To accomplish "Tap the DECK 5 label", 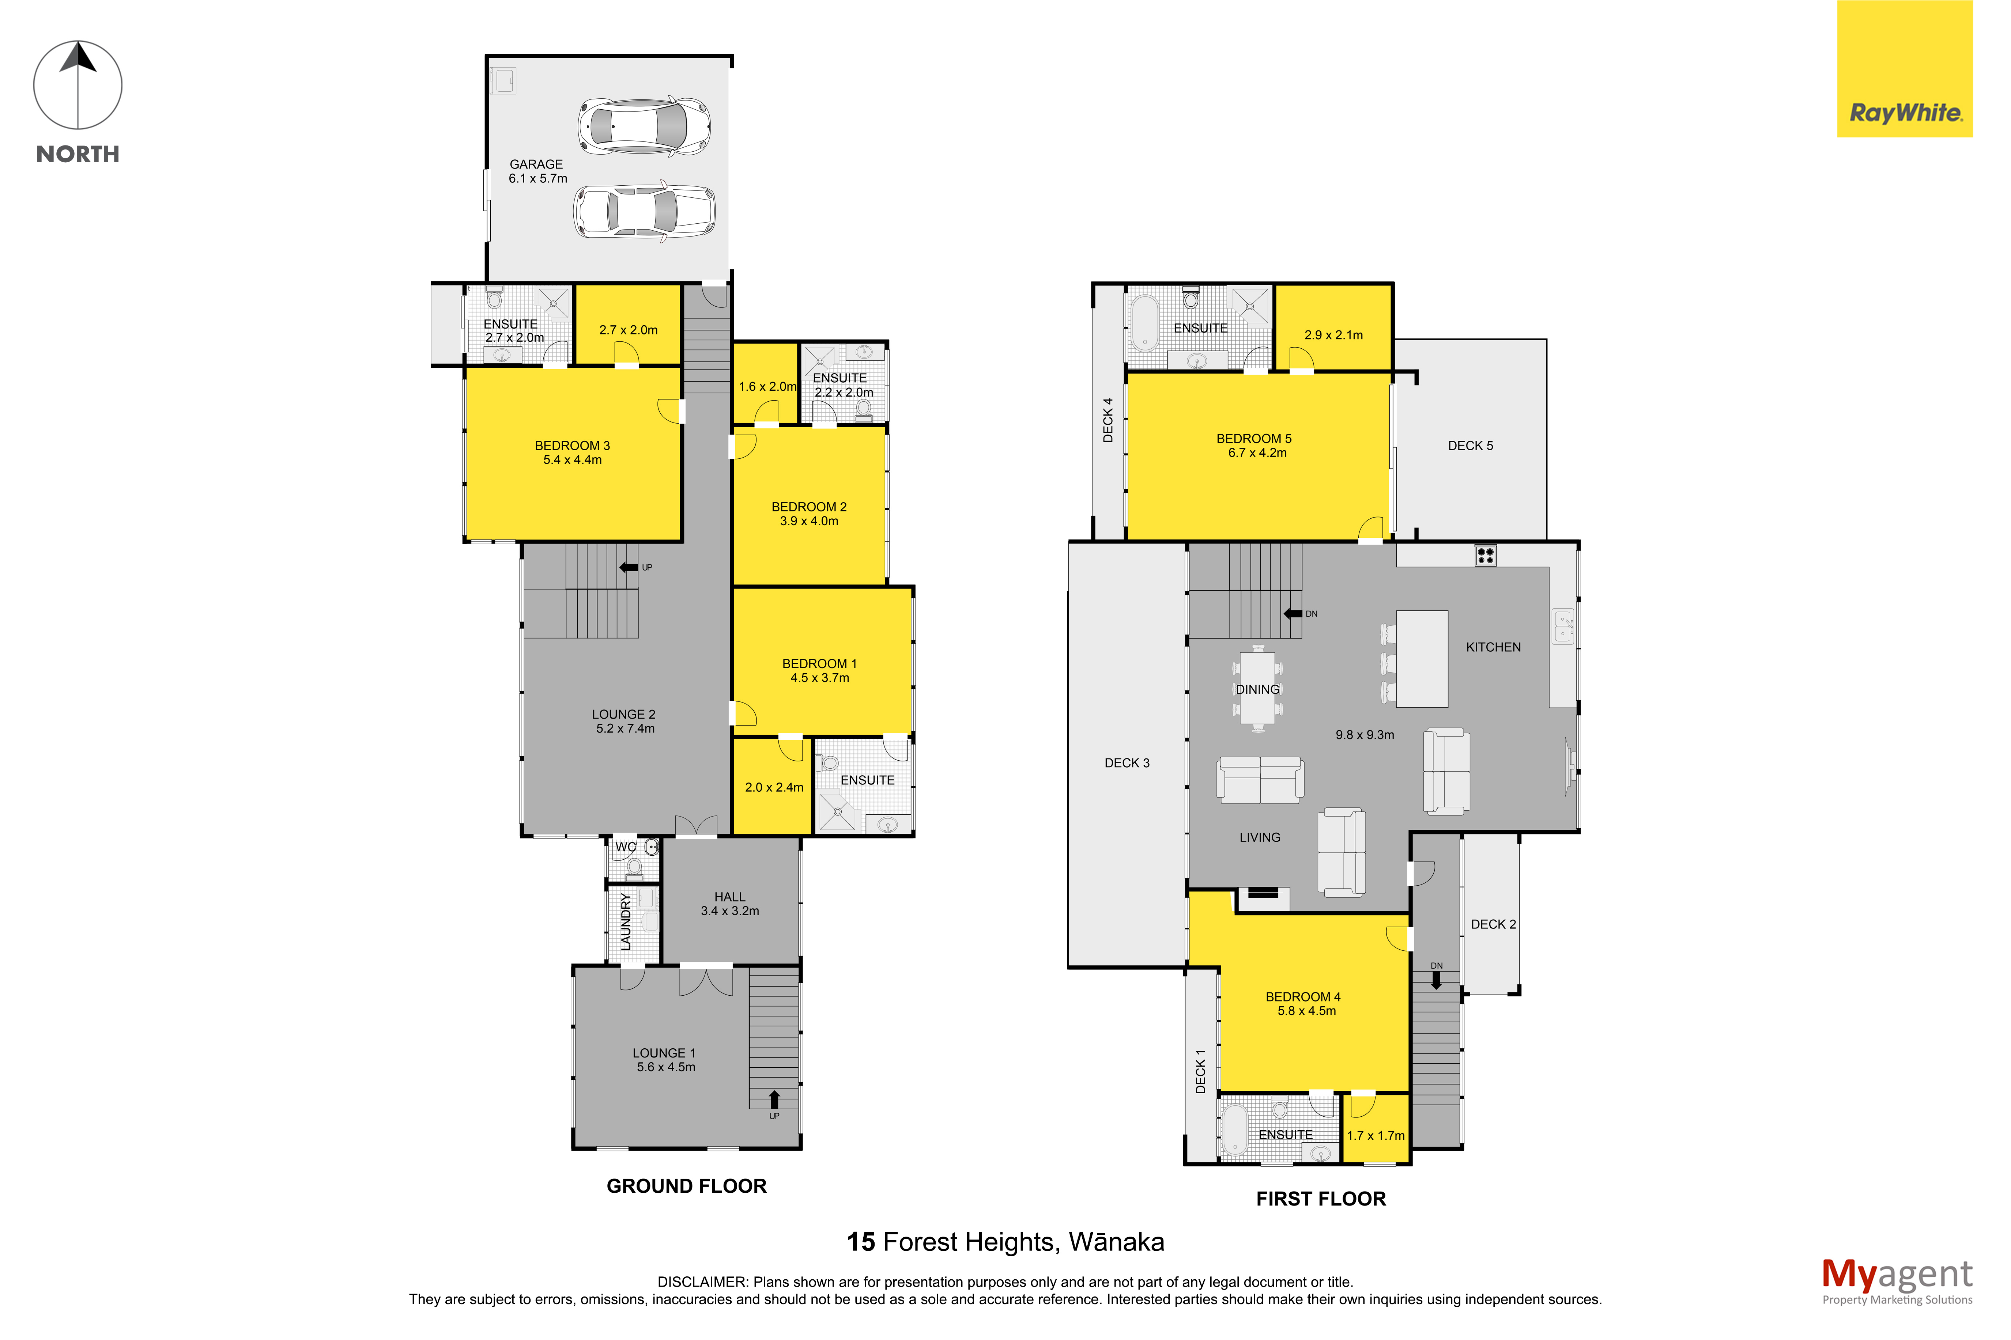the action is coord(1470,445).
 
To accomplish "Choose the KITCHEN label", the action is coord(1493,647).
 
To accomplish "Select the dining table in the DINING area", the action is coord(1257,689).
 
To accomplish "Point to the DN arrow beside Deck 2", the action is coord(1436,980).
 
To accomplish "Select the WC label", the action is coord(626,847).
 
